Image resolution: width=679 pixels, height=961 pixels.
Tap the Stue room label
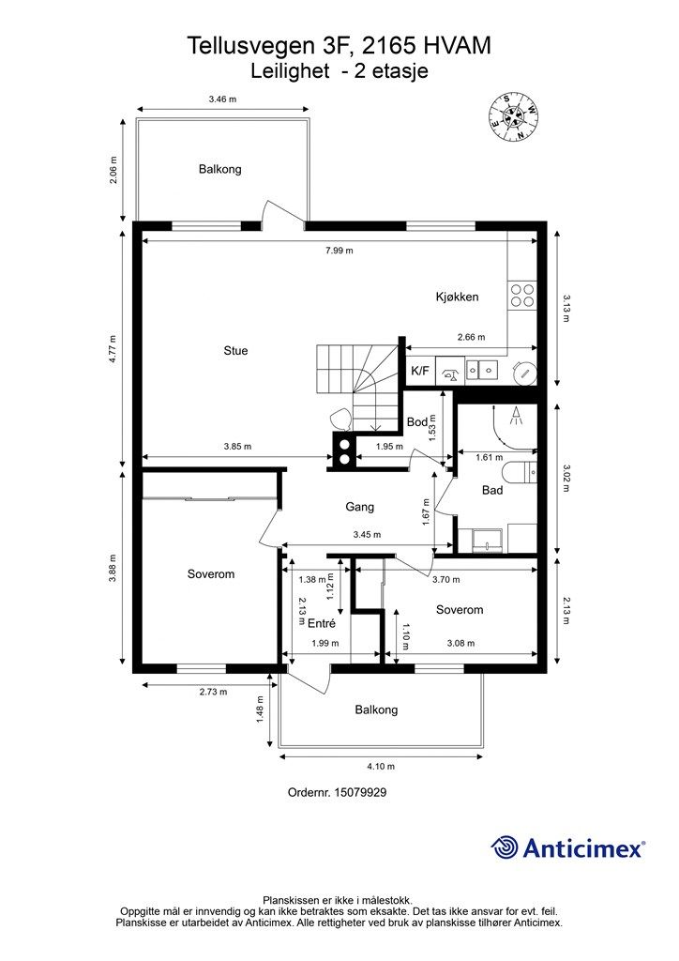pos(235,351)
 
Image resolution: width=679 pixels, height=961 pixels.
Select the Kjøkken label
pos(457,297)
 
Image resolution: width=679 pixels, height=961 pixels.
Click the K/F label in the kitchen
pos(420,371)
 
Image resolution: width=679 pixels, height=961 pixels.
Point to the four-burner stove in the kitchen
pos(522,296)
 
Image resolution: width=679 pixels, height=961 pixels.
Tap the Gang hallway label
pos(359,507)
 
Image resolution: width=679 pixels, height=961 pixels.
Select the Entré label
pos(322,622)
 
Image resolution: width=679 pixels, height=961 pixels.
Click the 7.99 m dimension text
pos(339,251)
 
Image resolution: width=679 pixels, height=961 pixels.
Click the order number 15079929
pos(337,792)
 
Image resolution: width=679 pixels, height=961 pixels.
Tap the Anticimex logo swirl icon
pos(505,847)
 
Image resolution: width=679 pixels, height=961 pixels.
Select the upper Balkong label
pos(219,169)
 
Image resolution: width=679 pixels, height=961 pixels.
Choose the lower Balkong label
pos(376,709)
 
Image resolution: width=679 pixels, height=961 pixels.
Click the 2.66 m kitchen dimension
pos(471,337)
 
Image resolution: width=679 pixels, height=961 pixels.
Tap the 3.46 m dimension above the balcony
pos(222,99)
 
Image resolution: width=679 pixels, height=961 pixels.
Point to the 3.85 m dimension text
pos(236,447)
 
